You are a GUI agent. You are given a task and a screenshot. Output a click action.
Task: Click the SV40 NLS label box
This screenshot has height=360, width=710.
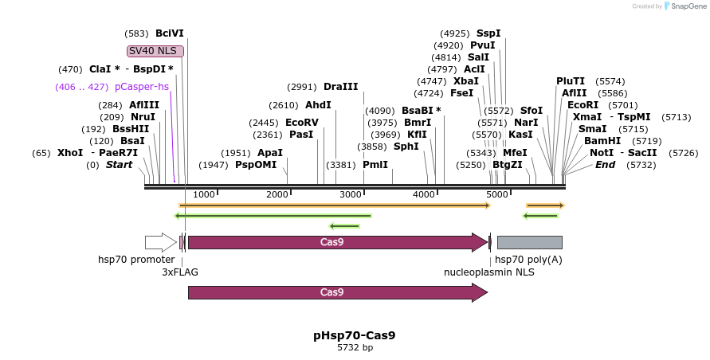tap(155, 51)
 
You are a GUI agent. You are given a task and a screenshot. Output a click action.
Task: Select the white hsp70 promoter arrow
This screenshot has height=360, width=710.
tap(161, 242)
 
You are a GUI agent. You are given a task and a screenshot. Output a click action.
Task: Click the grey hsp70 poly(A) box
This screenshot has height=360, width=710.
tap(530, 242)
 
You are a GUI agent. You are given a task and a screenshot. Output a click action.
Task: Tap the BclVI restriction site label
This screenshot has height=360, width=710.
tap(170, 33)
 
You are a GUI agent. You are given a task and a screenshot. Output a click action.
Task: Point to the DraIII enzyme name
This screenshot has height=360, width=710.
tap(340, 87)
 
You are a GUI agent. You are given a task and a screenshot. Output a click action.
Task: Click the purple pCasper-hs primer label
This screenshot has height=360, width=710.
tap(142, 87)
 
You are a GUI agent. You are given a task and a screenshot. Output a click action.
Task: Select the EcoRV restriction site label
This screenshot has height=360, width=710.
tap(301, 123)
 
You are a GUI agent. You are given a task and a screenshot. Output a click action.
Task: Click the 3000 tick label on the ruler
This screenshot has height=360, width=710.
tap(351, 194)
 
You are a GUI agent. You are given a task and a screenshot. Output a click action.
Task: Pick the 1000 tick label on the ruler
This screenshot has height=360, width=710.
tap(204, 194)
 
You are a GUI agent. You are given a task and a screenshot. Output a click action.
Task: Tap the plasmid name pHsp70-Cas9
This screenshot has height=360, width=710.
tap(355, 335)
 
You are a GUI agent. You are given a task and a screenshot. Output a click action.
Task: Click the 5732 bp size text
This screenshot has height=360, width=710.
tap(355, 348)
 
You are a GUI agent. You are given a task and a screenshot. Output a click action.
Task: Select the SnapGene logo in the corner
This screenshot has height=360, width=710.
tap(685, 6)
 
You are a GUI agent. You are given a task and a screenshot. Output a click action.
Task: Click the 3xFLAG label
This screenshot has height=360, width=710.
tap(180, 272)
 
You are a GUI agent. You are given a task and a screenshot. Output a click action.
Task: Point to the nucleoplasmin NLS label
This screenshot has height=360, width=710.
tap(489, 272)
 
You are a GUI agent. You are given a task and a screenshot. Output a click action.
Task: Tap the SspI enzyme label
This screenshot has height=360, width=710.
tap(488, 33)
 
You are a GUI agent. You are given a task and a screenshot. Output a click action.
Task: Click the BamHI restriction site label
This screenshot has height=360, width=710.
tap(602, 141)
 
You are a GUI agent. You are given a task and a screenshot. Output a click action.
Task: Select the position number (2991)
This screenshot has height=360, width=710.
tap(302, 87)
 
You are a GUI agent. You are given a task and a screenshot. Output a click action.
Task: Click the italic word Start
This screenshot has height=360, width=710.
tap(119, 164)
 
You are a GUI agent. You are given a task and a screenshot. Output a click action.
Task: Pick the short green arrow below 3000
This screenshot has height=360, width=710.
tap(344, 226)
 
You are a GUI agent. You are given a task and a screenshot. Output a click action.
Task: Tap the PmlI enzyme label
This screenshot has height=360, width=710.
tap(375, 164)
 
